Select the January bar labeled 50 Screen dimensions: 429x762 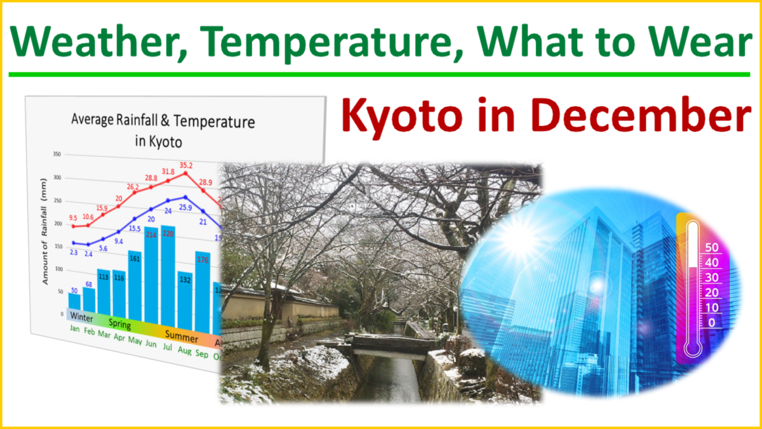tap(74, 303)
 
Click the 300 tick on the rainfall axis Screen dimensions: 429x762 tap(57, 178)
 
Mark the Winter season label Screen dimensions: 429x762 tap(83, 317)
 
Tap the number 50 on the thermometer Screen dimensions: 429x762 tap(711, 247)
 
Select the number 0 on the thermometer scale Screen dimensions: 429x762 tap(712, 322)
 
